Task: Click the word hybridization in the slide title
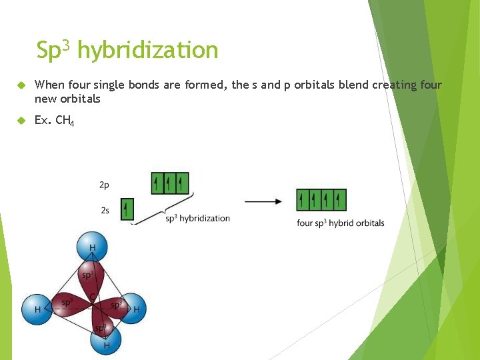(x=147, y=51)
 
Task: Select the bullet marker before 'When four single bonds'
(x=21, y=85)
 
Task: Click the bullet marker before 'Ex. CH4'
(x=21, y=121)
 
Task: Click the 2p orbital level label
(x=105, y=183)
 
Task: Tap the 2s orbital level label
(x=105, y=210)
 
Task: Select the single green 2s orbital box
(x=127, y=209)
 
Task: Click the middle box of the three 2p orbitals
(x=169, y=182)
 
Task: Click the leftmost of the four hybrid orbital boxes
(x=303, y=199)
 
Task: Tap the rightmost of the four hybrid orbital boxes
(x=340, y=199)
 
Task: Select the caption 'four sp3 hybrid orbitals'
(x=340, y=223)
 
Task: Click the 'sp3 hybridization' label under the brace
(x=197, y=218)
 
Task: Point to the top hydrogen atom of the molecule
(x=92, y=247)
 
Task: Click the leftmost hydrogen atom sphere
(x=36, y=309)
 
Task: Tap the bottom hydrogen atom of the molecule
(x=106, y=341)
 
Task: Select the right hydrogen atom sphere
(x=133, y=309)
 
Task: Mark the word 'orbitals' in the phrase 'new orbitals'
(x=79, y=99)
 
